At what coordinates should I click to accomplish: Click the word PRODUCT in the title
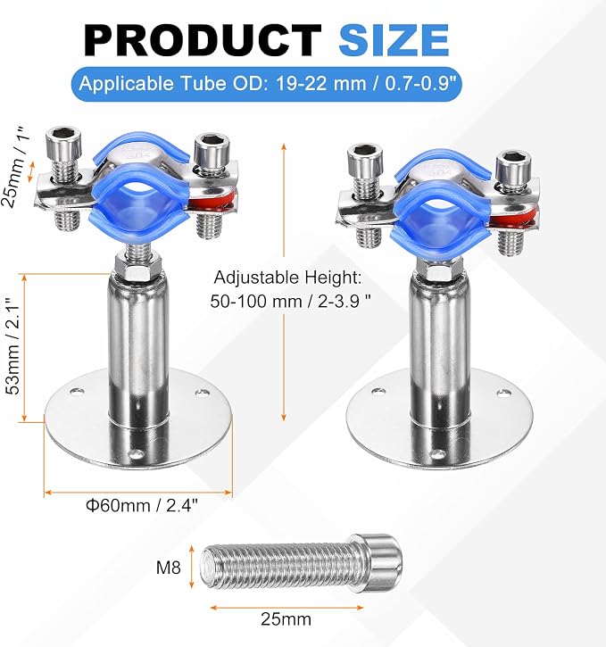[203, 40]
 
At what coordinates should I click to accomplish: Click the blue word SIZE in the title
[394, 40]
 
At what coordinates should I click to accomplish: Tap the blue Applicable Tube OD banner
[267, 84]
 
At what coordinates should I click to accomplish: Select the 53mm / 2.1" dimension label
[13, 345]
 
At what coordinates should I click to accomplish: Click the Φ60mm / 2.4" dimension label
[142, 505]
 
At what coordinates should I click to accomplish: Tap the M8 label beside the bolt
[169, 568]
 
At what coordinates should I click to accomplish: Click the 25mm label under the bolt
[286, 619]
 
